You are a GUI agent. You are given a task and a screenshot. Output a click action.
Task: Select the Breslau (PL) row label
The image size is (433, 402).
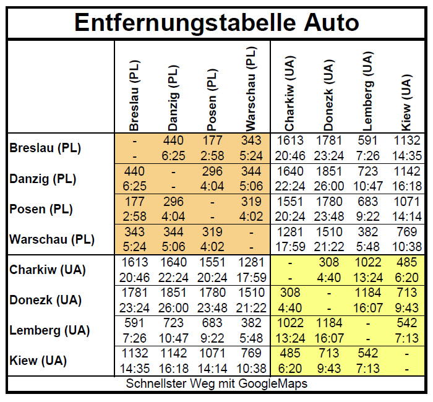tap(45, 148)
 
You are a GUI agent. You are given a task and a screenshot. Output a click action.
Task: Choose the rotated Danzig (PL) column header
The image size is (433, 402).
tap(174, 95)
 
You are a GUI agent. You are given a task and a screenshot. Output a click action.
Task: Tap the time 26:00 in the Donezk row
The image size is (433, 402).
tap(174, 307)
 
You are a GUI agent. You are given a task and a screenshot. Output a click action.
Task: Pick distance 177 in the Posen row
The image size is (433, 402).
tap(135, 202)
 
